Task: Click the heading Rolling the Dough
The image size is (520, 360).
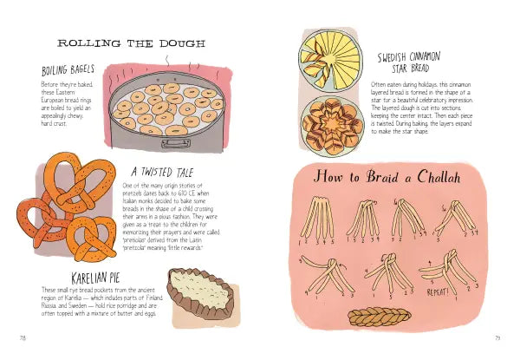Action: (131, 43)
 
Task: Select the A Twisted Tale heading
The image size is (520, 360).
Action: (160, 172)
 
